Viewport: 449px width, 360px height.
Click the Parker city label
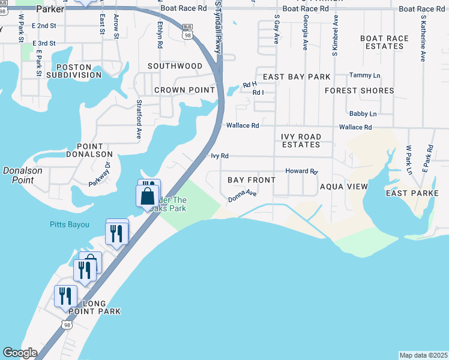(50, 9)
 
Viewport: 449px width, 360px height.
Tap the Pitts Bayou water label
(69, 225)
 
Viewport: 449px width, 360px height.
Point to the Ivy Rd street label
(220, 156)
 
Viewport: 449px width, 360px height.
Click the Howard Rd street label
(301, 171)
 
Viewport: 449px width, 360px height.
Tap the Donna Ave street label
(243, 197)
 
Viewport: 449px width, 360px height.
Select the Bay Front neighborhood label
(252, 180)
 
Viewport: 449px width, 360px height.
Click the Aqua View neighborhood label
(343, 187)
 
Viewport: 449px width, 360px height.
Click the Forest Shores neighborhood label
(360, 91)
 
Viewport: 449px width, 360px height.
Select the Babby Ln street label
(363, 114)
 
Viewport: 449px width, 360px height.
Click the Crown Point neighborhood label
(184, 90)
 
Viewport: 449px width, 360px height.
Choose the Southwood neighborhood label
(175, 66)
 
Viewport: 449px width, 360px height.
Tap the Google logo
(20, 353)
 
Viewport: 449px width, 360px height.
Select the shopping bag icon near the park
(148, 195)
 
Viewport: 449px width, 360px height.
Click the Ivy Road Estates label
(301, 140)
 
